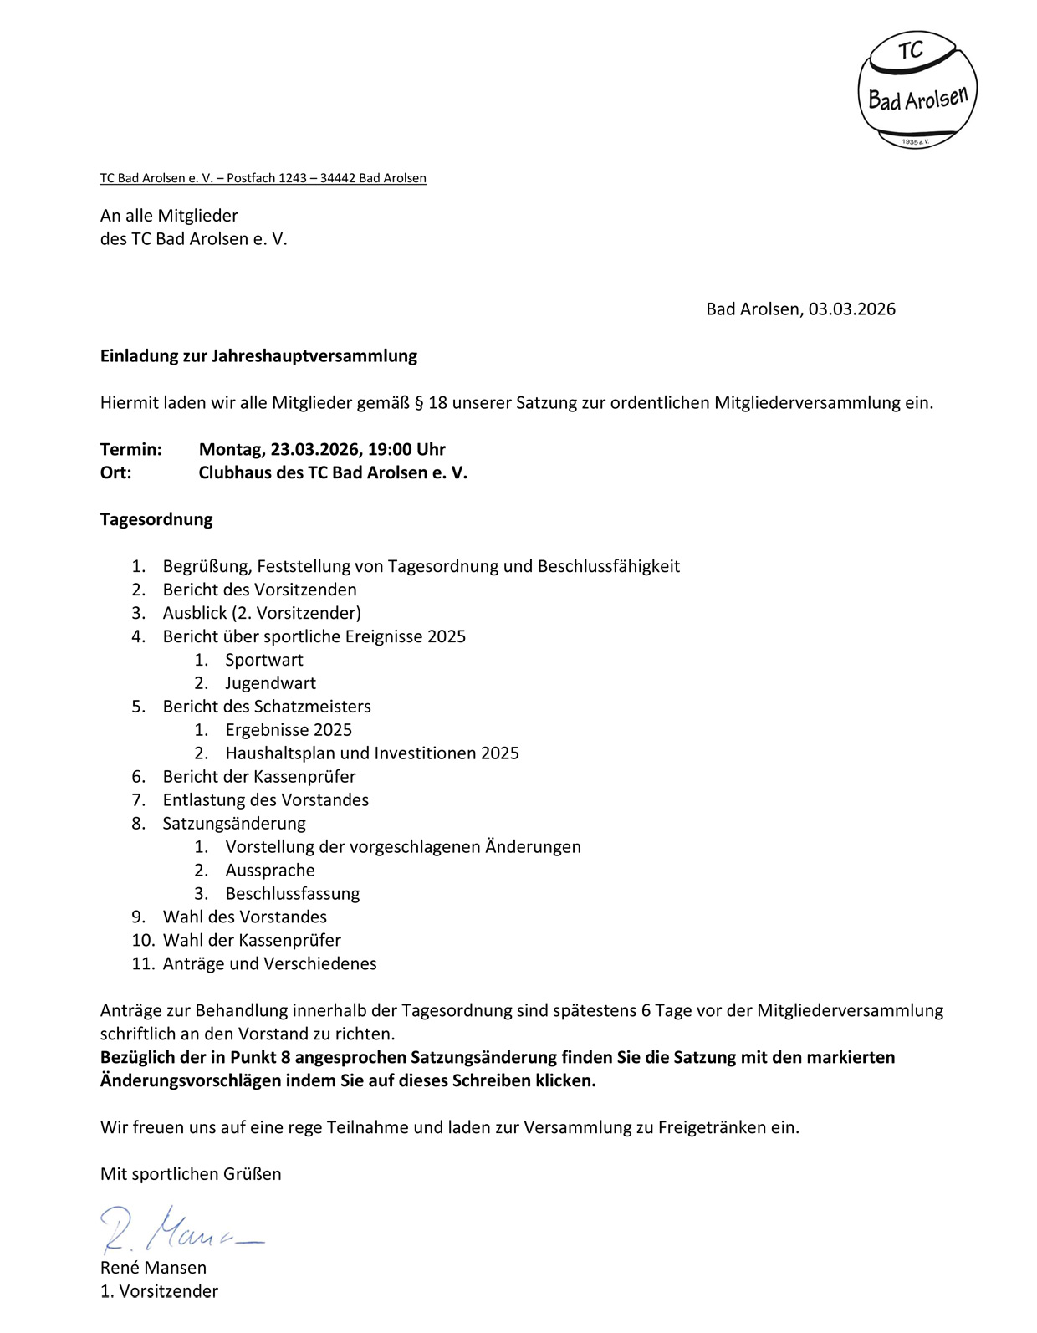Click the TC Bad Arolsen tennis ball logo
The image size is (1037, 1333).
point(917,90)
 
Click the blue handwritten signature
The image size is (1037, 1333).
point(180,1229)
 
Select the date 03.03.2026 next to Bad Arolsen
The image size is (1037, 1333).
point(851,309)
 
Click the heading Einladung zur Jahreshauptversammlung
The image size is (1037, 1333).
point(258,356)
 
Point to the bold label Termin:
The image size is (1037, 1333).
point(130,450)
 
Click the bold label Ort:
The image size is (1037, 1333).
point(115,473)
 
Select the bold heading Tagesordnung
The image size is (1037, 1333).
point(156,520)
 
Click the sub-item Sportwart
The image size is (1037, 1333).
point(263,661)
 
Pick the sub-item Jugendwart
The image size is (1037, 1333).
point(270,684)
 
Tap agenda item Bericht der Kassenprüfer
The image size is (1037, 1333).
point(258,778)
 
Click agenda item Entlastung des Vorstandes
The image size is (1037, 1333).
point(265,801)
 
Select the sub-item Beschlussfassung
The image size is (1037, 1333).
point(292,894)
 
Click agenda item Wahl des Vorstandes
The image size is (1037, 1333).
point(244,917)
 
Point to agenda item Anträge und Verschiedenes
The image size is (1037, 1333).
point(269,964)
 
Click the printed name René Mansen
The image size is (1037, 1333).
point(153,1268)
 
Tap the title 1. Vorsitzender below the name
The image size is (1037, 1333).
point(159,1291)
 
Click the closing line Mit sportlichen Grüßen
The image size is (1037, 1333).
point(191,1174)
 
